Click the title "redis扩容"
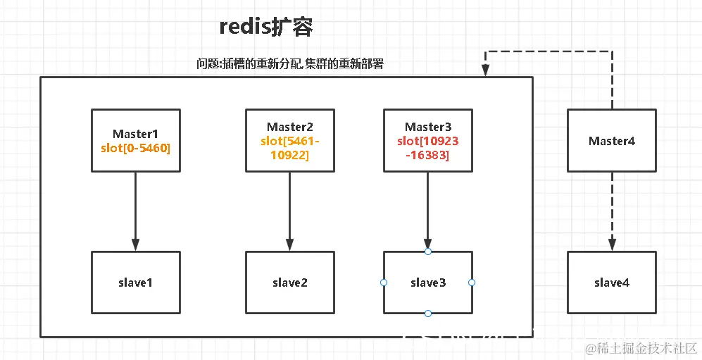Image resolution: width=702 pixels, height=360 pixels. [x=265, y=27]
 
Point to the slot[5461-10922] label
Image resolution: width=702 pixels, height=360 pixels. [x=289, y=147]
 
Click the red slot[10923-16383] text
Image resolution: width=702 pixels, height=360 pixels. [x=427, y=147]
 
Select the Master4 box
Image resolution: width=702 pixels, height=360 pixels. [x=611, y=141]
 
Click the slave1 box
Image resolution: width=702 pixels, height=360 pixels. [x=135, y=283]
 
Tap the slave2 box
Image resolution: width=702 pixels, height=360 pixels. [x=289, y=283]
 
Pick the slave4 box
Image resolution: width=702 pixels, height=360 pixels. [x=611, y=283]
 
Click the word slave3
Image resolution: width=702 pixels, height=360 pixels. [x=427, y=283]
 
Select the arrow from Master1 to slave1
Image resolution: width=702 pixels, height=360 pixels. [x=135, y=211]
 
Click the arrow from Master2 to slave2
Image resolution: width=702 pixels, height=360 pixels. [x=289, y=211]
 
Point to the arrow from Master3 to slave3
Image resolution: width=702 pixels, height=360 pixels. [x=427, y=211]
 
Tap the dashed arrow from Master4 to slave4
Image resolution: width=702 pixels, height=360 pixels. [x=611, y=211]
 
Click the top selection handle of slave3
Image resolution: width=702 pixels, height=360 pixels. [x=427, y=252]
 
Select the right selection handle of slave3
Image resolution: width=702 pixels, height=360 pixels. [x=472, y=283]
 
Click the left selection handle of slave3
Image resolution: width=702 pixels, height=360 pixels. [x=384, y=283]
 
